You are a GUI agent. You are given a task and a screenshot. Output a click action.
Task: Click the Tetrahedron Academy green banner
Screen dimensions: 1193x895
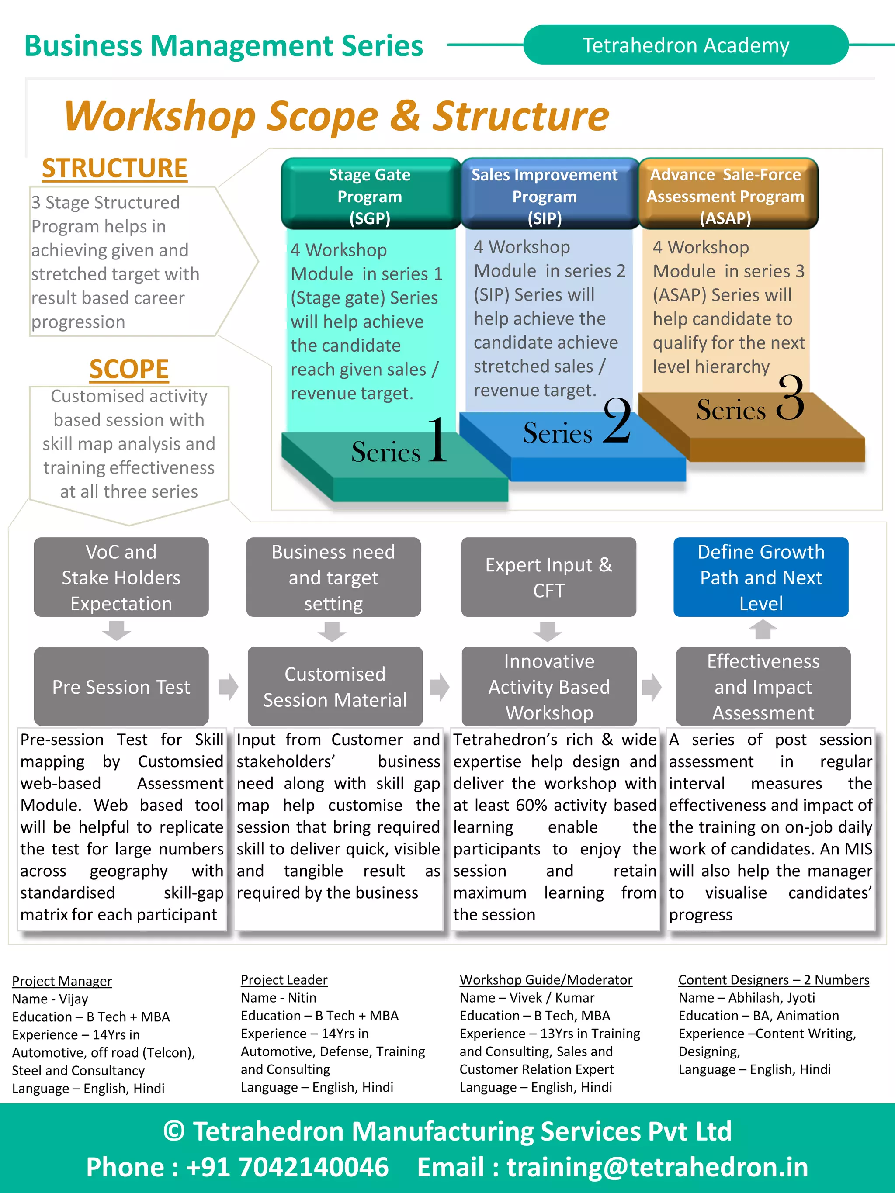(x=685, y=45)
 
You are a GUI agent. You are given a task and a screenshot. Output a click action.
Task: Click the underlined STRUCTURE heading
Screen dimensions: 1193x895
(x=114, y=168)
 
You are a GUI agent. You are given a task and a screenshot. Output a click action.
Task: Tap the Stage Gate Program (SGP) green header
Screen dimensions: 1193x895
(x=370, y=196)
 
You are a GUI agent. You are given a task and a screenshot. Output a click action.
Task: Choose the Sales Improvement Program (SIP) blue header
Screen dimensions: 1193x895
(x=545, y=196)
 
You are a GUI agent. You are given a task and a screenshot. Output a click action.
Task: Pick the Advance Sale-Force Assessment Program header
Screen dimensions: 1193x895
(x=725, y=196)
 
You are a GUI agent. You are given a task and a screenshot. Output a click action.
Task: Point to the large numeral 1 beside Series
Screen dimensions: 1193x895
(x=438, y=441)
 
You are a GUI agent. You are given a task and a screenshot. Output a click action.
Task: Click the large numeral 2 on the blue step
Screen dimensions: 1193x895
(x=617, y=421)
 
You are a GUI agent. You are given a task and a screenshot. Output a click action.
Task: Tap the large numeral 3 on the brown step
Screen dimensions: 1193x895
(x=791, y=399)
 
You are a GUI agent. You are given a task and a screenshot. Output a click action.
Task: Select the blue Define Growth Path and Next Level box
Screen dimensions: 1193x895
(x=761, y=577)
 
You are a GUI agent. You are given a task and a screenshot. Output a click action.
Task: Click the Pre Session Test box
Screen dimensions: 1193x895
(x=121, y=687)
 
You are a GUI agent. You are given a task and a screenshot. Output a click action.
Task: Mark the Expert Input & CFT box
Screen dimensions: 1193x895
(x=548, y=577)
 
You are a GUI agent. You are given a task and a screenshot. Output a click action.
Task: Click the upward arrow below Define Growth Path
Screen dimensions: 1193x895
(x=762, y=629)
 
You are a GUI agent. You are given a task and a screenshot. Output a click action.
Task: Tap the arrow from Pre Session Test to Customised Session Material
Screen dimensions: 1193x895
(x=228, y=687)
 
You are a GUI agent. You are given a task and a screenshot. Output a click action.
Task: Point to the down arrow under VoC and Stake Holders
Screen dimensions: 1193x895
(x=117, y=630)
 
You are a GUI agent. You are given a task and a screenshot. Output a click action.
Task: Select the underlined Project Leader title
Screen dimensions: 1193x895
(x=284, y=979)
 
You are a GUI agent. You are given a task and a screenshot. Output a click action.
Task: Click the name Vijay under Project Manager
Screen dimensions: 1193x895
(x=73, y=999)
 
